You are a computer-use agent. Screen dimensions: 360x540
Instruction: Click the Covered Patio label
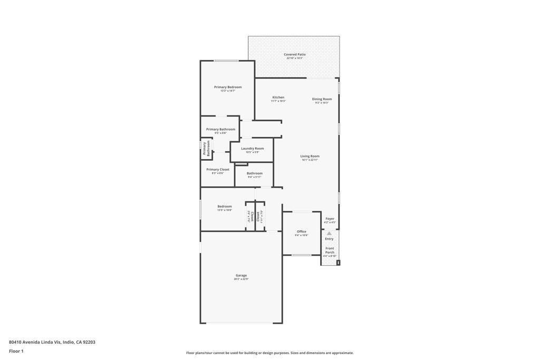click(x=294, y=54)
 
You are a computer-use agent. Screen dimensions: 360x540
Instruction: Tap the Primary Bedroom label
click(x=228, y=87)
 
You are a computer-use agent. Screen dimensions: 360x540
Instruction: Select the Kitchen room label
click(x=278, y=97)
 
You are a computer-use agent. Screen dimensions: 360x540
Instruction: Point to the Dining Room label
click(x=322, y=99)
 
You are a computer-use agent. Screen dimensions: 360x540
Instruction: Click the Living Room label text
click(x=310, y=156)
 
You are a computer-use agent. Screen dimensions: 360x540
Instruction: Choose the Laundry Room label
click(x=252, y=149)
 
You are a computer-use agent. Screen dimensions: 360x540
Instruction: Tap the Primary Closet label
click(x=217, y=169)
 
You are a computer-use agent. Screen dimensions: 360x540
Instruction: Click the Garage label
click(x=241, y=275)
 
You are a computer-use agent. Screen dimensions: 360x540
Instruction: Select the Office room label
click(x=301, y=231)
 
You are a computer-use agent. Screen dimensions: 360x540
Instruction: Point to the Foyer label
click(x=330, y=218)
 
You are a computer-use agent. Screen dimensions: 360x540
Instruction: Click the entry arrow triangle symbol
click(x=329, y=233)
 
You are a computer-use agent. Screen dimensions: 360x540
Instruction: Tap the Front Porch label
click(x=330, y=250)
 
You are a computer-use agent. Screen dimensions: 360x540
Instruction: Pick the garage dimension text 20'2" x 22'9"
click(x=241, y=279)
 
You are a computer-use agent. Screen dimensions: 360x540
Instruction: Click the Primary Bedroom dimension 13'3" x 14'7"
click(x=228, y=91)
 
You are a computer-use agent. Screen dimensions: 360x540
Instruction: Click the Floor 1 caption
click(x=16, y=351)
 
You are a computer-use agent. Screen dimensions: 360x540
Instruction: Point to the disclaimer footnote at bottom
click(x=269, y=353)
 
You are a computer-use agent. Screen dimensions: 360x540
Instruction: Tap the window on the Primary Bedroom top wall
click(x=226, y=61)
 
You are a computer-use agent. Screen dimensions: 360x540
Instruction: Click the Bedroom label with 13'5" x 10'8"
click(x=225, y=207)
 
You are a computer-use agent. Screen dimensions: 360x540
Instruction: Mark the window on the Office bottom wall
click(x=302, y=255)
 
